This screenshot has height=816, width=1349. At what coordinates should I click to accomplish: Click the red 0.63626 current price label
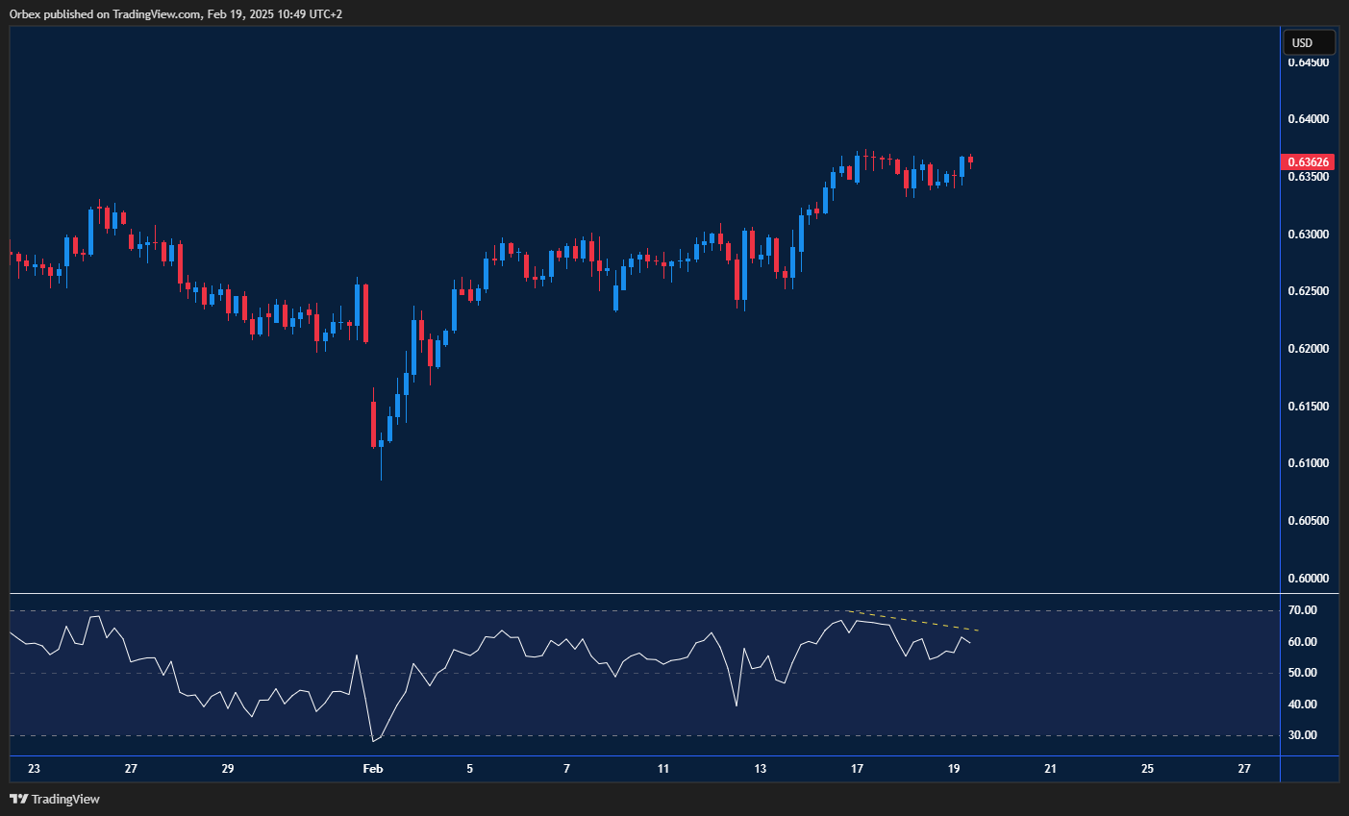tap(1310, 162)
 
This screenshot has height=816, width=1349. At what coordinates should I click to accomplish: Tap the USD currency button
tap(1308, 43)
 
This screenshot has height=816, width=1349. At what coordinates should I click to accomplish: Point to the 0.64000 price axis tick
tap(1309, 119)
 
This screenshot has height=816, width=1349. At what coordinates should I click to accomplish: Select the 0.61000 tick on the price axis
tap(1309, 463)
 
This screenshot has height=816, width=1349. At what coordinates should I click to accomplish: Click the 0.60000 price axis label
tap(1309, 579)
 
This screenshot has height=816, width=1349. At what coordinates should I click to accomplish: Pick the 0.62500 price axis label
tap(1309, 291)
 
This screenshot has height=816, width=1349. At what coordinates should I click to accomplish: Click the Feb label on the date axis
tap(372, 769)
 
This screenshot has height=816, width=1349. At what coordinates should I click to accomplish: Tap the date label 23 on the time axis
tap(35, 769)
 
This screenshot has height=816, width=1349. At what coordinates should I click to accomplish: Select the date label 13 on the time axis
tap(761, 769)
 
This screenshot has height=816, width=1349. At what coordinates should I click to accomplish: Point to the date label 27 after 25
tap(1244, 769)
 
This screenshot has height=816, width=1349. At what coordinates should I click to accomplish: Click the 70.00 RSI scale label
tap(1303, 610)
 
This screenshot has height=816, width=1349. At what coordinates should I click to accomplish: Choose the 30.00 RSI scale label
tap(1303, 735)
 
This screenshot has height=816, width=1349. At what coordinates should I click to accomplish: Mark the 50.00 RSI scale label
tap(1303, 673)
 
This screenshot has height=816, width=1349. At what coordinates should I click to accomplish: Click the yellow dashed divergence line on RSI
tap(913, 621)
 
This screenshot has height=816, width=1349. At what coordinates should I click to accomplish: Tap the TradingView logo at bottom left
tap(55, 799)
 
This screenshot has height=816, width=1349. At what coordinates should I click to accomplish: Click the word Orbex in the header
tap(24, 14)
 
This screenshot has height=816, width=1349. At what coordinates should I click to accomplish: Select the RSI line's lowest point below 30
tap(373, 741)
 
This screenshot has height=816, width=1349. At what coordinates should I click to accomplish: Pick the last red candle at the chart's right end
tap(970, 160)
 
